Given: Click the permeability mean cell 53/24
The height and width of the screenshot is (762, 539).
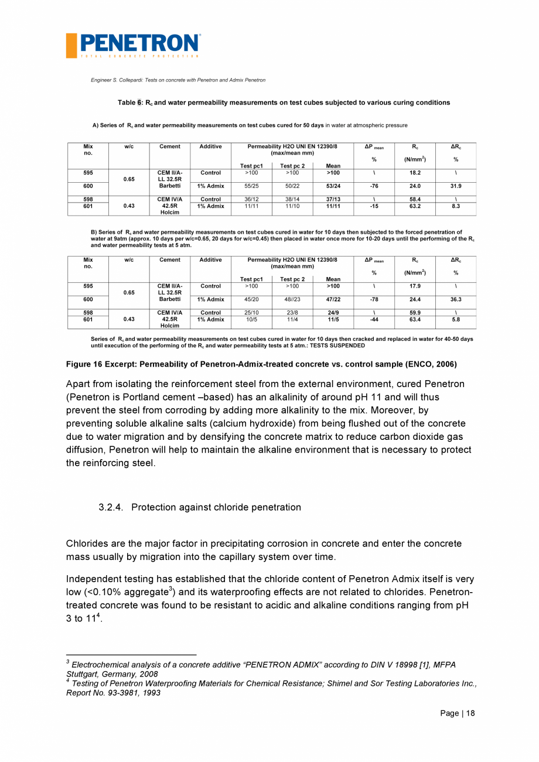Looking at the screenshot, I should (x=333, y=186).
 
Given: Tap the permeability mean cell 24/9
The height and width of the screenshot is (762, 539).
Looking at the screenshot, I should (x=333, y=313).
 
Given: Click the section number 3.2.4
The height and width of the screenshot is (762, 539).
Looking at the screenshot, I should (x=112, y=507).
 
